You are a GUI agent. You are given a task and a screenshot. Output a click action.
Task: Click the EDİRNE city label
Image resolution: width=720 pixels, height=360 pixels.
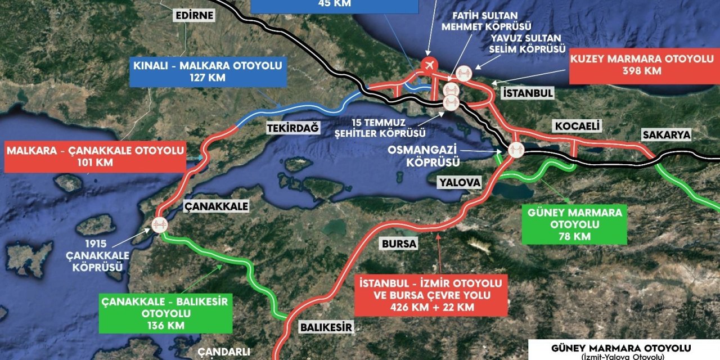click(194, 15)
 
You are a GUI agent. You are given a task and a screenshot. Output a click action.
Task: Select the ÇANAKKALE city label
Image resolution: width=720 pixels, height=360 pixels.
click(217, 206)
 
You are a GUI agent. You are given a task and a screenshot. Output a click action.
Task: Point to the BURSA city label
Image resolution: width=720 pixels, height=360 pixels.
click(399, 244)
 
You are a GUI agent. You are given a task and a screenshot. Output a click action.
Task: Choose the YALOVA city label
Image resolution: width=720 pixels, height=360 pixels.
click(461, 183)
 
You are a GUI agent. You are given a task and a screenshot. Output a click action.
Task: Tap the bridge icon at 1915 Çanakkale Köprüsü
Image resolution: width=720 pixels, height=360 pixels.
click(159, 225)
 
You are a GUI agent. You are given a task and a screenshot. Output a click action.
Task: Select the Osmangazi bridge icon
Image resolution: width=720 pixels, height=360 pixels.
click(515, 150)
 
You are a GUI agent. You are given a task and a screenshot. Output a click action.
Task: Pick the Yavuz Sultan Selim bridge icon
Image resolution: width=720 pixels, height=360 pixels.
click(465, 74)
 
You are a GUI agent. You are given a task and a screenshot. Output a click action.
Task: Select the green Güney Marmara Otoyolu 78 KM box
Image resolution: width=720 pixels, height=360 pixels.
click(574, 224)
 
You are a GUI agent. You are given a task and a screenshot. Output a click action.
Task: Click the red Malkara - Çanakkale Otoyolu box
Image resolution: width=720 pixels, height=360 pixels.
click(95, 156)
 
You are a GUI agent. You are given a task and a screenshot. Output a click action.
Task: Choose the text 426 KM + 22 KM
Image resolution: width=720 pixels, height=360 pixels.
click(431, 307)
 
